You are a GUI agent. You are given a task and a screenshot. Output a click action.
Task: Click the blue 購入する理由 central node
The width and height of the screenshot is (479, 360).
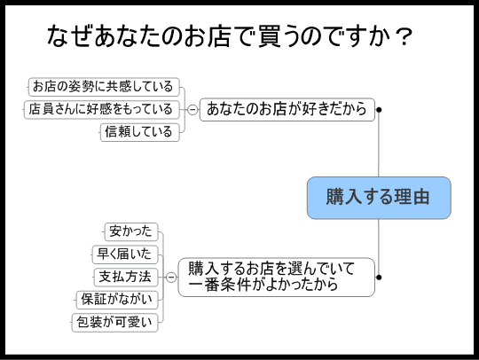pyautogui.click(x=379, y=198)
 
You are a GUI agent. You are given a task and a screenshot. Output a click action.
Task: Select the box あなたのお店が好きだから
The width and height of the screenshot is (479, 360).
pyautogui.click(x=287, y=109)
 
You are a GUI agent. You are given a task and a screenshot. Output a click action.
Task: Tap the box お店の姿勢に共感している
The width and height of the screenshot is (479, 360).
pyautogui.click(x=104, y=87)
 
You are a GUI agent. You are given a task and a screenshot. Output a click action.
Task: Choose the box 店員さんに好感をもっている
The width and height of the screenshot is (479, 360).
pyautogui.click(x=101, y=109)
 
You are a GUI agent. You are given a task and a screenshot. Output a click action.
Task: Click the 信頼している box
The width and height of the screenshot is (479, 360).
pyautogui.click(x=140, y=132)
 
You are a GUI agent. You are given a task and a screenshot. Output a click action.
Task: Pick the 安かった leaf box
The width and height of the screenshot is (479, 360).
pyautogui.click(x=131, y=231)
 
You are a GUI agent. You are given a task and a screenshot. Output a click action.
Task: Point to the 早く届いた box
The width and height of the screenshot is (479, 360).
pyautogui.click(x=125, y=254)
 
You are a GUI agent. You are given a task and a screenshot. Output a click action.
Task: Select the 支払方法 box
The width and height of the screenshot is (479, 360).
pyautogui.click(x=126, y=278)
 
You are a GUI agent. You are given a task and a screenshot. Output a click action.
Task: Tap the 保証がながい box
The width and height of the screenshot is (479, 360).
pyautogui.click(x=117, y=300)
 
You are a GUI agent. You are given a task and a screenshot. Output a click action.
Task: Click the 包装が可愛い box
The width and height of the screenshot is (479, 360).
pyautogui.click(x=114, y=323)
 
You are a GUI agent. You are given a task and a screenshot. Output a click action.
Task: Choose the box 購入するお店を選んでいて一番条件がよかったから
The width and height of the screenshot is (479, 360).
pyautogui.click(x=277, y=278)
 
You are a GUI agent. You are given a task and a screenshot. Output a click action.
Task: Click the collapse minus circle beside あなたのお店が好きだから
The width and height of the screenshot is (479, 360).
pyautogui.click(x=192, y=109)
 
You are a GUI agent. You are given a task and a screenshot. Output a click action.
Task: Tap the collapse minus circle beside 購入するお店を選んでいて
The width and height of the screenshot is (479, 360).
pyautogui.click(x=171, y=278)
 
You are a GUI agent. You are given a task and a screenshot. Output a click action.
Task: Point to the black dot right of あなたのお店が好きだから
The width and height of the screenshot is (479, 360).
pyautogui.click(x=379, y=110)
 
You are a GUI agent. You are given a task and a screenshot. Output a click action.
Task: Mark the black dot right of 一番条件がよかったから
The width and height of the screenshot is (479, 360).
pyautogui.click(x=379, y=278)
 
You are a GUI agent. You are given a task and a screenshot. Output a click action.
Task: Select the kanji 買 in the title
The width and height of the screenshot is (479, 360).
pyautogui.click(x=270, y=36)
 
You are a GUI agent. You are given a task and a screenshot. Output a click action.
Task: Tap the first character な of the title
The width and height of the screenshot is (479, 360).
pyautogui.click(x=58, y=36)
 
